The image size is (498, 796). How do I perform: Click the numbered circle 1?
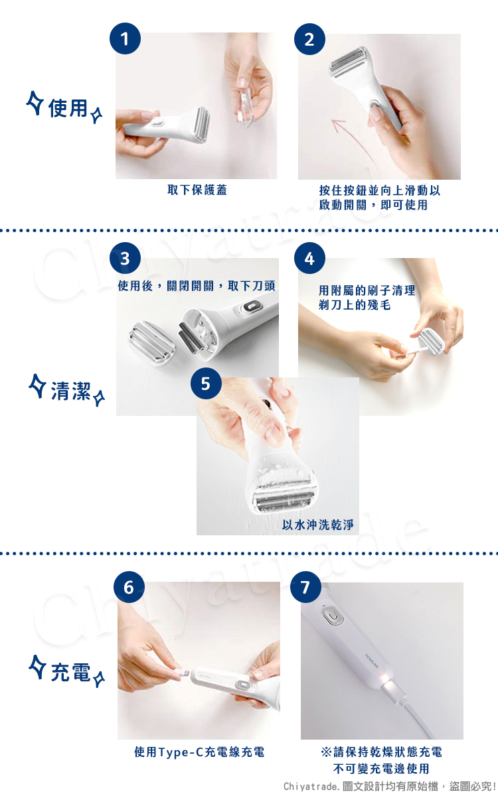coord(125,38)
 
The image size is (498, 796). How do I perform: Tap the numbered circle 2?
coord(309,39)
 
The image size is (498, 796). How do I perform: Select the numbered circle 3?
coord(125,258)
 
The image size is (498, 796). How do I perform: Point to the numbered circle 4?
coord(309,258)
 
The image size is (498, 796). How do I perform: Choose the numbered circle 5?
coord(206,383)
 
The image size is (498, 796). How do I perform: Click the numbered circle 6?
coord(129,587)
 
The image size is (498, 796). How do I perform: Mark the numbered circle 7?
coord(305,587)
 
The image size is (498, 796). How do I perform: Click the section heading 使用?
coord(68,108)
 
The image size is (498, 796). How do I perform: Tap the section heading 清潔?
coord(70,391)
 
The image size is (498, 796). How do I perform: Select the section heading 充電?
coord(70,673)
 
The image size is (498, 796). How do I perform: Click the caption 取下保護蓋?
coord(197,190)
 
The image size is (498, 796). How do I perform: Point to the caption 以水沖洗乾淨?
coord(318,525)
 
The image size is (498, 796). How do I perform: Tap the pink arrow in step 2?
coord(351,137)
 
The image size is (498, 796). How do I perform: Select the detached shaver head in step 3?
coord(151,344)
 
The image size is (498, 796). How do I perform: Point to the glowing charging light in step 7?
coord(385,679)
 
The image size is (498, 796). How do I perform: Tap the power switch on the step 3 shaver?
coord(250,306)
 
